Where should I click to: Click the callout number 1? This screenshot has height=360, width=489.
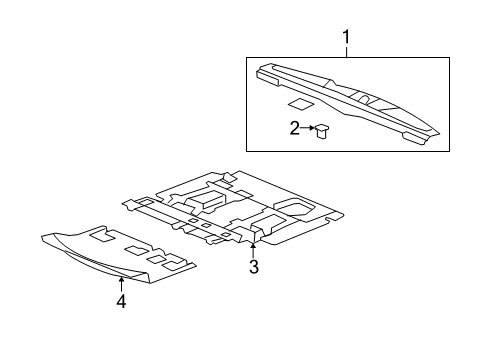pos(347,39)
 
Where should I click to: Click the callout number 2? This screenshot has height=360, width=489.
pos(295,127)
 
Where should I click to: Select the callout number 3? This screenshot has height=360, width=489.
pos(254,267)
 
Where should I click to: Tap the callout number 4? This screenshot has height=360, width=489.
pos(121,301)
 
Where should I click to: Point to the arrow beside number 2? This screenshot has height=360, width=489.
pos(308,127)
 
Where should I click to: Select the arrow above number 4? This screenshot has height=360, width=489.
pos(121,284)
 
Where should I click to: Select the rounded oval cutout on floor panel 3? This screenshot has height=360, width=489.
pos(292,206)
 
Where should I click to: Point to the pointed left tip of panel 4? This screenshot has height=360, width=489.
pos(43,237)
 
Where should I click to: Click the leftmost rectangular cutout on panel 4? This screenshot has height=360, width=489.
pos(98,237)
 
